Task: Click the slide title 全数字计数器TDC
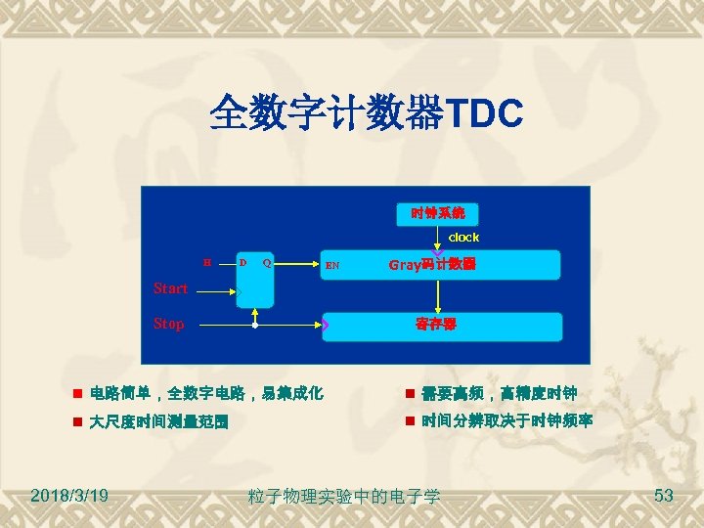[x=366, y=112]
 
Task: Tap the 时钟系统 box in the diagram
[x=437, y=212]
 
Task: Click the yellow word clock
[x=463, y=238]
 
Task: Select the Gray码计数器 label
[x=432, y=264]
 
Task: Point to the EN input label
[x=332, y=265]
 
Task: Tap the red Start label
[x=170, y=288]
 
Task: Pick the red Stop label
[x=168, y=324]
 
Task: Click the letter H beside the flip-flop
[x=206, y=262]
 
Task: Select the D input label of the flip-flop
[x=242, y=262]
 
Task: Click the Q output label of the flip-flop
[x=267, y=262]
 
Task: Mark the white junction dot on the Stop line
[x=255, y=324]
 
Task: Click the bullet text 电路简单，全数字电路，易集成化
[x=205, y=394]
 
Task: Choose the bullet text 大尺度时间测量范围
[x=158, y=422]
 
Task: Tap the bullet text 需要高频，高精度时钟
[x=499, y=394]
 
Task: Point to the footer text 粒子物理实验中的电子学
[x=344, y=497]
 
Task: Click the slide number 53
[x=663, y=495]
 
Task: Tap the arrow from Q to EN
[x=298, y=264]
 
